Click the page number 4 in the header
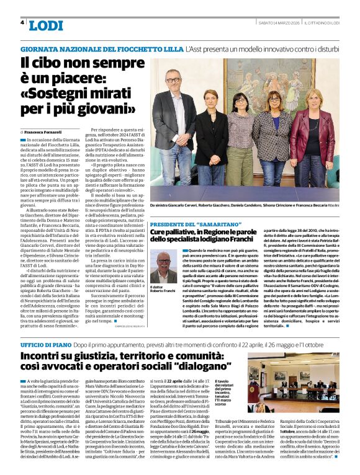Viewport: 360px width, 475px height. [22, 22]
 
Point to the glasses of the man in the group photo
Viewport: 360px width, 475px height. [173, 79]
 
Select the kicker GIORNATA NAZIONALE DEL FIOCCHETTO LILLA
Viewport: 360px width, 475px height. [102, 48]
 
